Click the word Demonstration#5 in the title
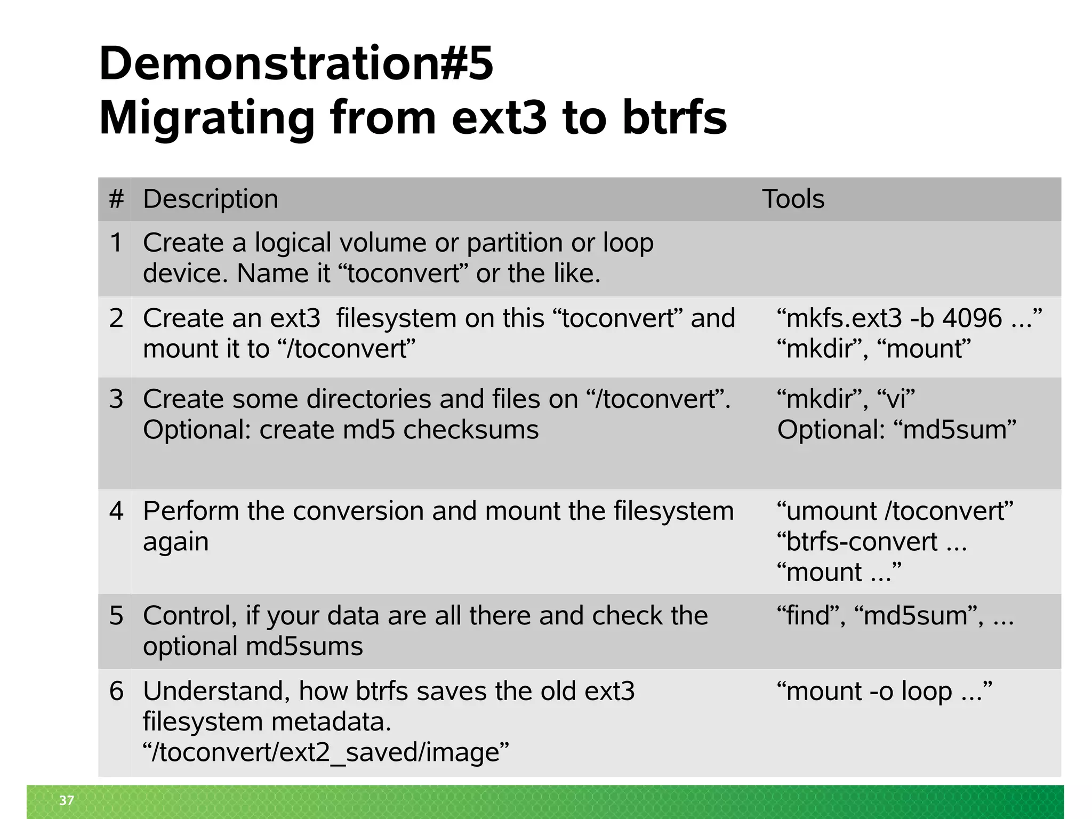pyautogui.click(x=296, y=64)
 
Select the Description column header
pyautogui.click(x=211, y=199)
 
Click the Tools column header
pyautogui.click(x=793, y=199)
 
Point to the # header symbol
pyautogui.click(x=116, y=199)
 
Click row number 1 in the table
pyautogui.click(x=116, y=243)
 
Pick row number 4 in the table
pyautogui.click(x=116, y=511)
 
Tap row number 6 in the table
pyautogui.click(x=116, y=692)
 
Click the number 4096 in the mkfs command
pyautogui.click(x=972, y=319)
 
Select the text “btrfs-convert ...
pyautogui.click(x=857, y=542)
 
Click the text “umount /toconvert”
pyautogui.click(x=895, y=511)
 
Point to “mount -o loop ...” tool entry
pyautogui.click(x=884, y=692)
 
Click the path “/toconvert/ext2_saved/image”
pyautogui.click(x=326, y=753)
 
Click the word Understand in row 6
pyautogui.click(x=216, y=692)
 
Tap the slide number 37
pyautogui.click(x=67, y=800)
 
